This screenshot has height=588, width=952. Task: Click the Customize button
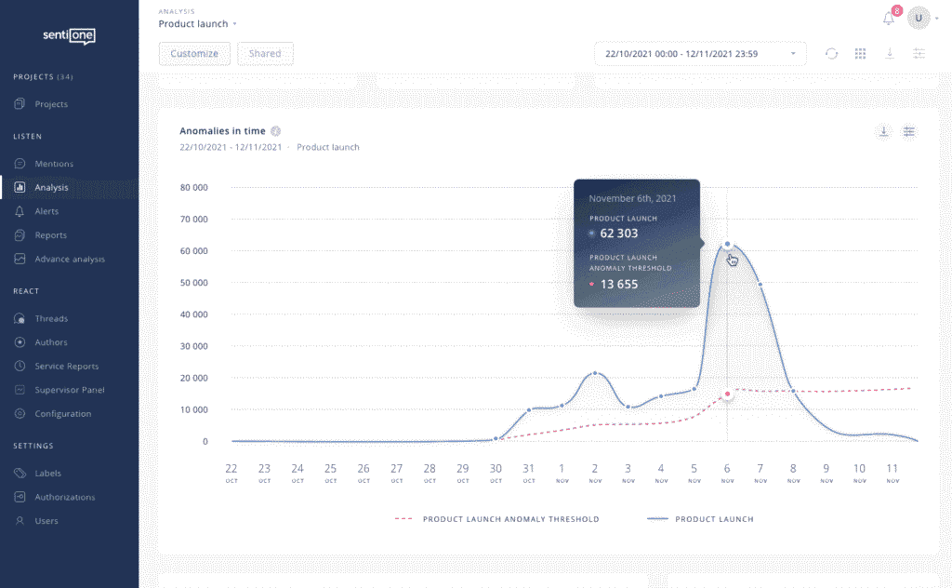point(194,54)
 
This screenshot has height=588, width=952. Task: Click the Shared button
point(265,54)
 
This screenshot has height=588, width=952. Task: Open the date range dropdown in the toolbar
point(699,54)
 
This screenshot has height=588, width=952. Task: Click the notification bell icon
point(889,19)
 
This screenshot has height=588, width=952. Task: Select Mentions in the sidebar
point(53,164)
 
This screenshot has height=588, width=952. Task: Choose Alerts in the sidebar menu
point(46,211)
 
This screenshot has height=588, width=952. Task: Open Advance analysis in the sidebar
point(69,259)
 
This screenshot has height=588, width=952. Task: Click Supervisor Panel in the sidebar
point(69,390)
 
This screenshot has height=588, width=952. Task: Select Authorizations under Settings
point(64,497)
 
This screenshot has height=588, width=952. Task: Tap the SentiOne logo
point(69,36)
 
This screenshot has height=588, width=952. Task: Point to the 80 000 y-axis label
point(193,188)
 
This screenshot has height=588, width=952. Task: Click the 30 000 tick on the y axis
point(193,346)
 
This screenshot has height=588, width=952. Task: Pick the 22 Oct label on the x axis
point(231,472)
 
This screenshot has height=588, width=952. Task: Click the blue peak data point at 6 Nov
point(727,244)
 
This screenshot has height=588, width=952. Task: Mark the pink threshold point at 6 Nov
point(727,394)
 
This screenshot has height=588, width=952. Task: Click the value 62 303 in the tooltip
point(618,234)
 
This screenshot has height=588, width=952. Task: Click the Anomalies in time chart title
point(222,131)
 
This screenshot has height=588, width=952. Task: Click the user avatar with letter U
point(919,18)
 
